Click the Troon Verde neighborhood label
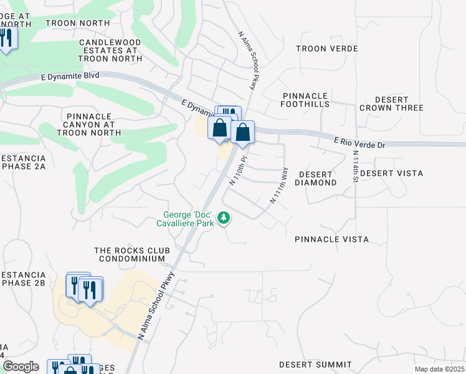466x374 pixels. click(x=326, y=49)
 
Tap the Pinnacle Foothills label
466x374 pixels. click(x=305, y=100)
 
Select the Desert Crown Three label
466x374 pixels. click(x=391, y=103)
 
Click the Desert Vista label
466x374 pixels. click(x=391, y=173)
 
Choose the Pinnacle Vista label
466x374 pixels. click(x=331, y=239)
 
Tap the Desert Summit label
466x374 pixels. click(x=310, y=364)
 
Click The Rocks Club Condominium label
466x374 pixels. click(x=130, y=254)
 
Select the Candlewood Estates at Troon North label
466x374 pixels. click(x=110, y=50)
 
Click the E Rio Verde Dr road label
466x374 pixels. click(x=359, y=145)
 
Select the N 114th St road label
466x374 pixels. click(x=356, y=166)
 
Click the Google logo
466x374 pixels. click(x=21, y=367)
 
